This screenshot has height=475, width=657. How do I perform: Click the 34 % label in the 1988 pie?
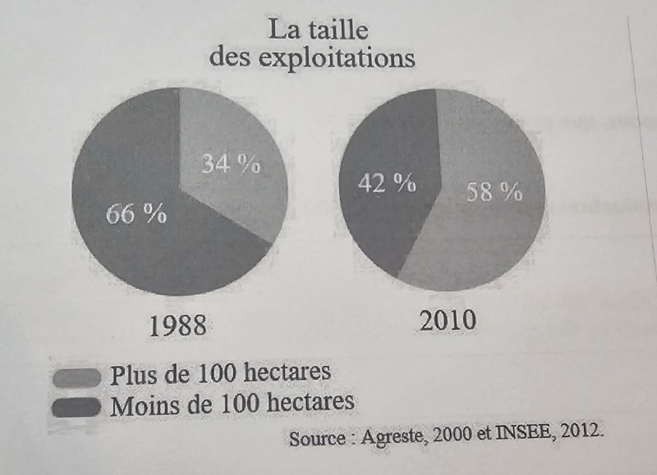point(231,163)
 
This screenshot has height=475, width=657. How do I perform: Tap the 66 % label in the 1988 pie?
point(136,214)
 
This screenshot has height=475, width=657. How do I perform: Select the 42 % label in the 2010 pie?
point(387,183)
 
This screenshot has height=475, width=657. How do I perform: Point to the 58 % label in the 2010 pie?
point(494,193)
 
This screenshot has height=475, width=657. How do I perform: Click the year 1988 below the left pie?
point(178,326)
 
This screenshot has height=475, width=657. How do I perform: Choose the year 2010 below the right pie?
point(448,320)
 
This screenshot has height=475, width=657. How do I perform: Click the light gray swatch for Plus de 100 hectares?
point(77,377)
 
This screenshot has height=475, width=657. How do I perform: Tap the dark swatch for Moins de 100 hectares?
point(77,407)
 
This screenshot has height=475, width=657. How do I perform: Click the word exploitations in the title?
point(337,58)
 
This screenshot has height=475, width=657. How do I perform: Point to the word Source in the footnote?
point(317,438)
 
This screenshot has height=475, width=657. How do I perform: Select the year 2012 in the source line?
point(580,431)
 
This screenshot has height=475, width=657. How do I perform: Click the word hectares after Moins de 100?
point(310,402)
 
